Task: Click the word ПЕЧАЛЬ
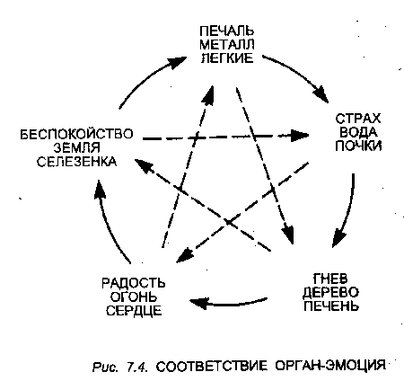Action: pos(227,31)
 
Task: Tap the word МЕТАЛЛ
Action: pos(227,44)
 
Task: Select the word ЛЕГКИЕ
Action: pos(227,58)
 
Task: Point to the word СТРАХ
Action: pos(358,119)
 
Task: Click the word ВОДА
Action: pos(358,132)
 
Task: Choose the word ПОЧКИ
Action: pos(358,146)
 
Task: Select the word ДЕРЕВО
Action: pos(330,293)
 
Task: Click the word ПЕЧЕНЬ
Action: pos(330,306)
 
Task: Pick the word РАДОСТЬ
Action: pos(134,283)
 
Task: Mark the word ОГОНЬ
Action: pos(134,297)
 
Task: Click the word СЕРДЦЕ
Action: pos(134,311)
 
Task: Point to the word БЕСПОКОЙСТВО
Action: pos(76,134)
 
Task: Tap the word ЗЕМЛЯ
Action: pos(76,148)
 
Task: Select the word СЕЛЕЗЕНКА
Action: pos(76,162)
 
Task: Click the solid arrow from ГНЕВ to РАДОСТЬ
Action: pos(229,303)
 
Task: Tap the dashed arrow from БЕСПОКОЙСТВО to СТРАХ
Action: pos(226,137)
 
